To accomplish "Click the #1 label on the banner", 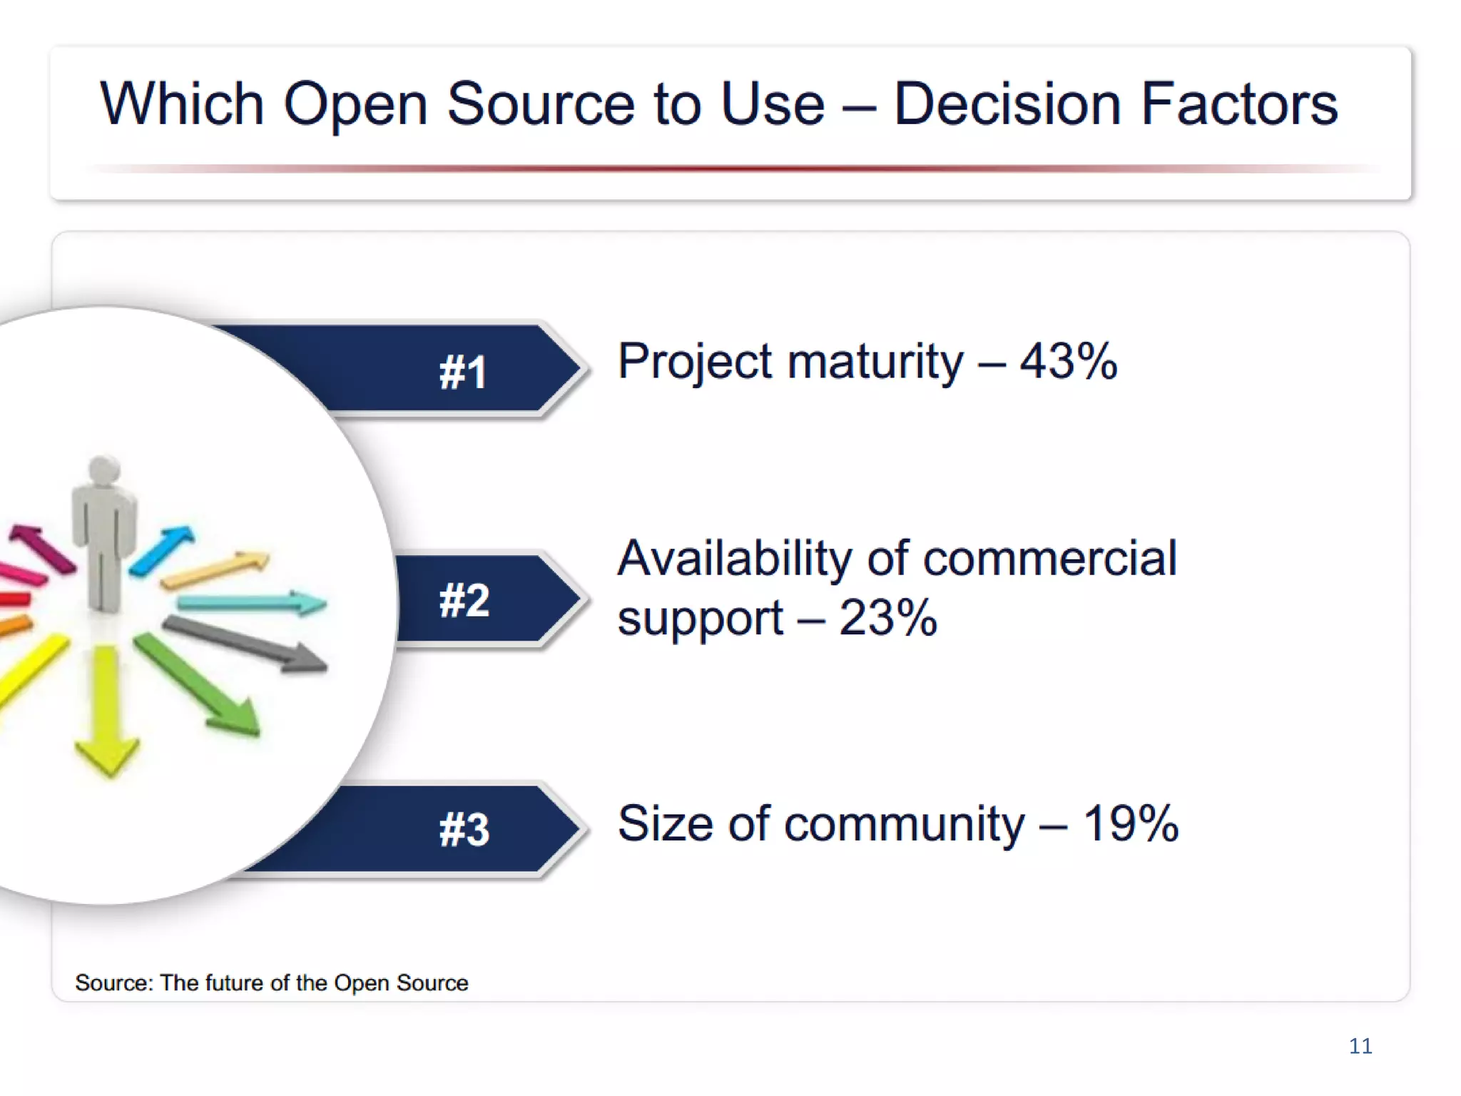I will click(x=462, y=372).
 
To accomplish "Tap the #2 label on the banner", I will click(x=464, y=600).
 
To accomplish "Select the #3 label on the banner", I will click(x=464, y=829).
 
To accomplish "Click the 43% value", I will click(x=1068, y=361).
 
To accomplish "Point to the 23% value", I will click(x=887, y=618).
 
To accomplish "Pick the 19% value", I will click(x=1131, y=823).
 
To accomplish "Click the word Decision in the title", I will click(x=1007, y=104).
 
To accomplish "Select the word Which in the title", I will click(x=182, y=104).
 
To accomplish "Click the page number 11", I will click(x=1360, y=1046).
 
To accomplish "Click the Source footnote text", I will click(x=271, y=983).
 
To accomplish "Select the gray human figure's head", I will click(x=105, y=471).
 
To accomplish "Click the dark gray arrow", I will click(x=246, y=643).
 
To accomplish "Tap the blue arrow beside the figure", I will click(x=161, y=549).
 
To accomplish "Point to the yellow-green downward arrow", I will click(x=107, y=706).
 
